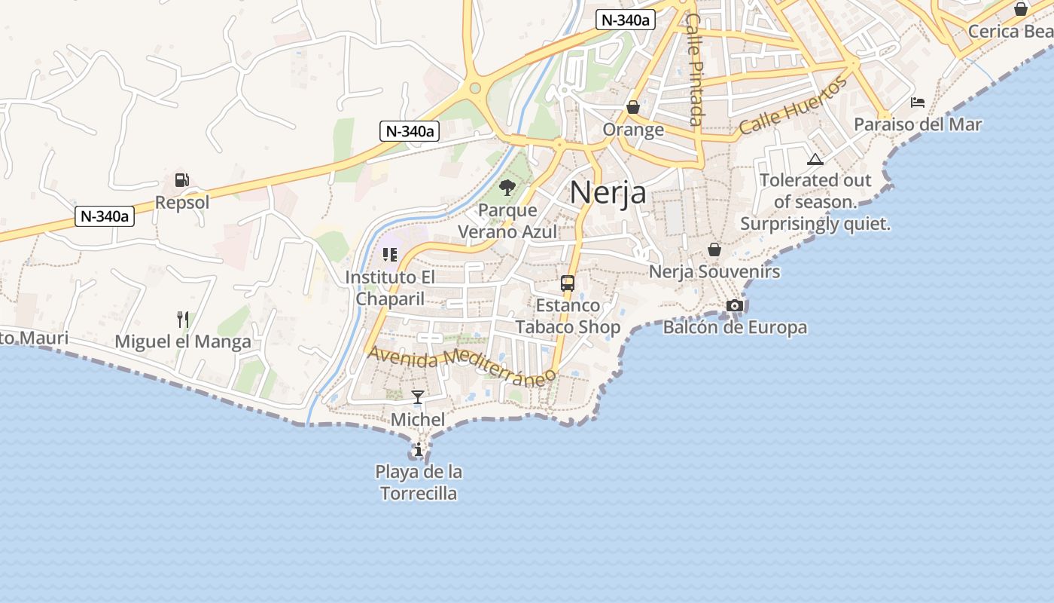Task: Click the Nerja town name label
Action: coord(608,192)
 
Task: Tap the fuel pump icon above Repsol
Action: coord(181,180)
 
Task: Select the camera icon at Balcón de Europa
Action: coord(735,305)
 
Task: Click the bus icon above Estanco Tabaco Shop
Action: coord(568,283)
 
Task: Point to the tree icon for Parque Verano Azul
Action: coord(507,187)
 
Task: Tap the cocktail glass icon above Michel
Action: coord(418,396)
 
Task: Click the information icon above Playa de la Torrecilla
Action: coord(418,451)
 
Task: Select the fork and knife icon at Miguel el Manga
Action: coord(182,320)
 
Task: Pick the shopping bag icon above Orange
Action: coord(633,107)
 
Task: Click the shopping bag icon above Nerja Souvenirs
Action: coord(714,249)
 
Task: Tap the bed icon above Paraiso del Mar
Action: coord(918,103)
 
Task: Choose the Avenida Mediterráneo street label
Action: coord(462,364)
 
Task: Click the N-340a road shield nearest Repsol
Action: coord(105,216)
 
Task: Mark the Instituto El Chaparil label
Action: coord(390,288)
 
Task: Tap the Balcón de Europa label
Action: coord(735,327)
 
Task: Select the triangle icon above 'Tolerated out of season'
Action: coord(815,159)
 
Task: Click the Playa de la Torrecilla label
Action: coord(419,482)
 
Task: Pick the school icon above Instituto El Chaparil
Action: coord(389,255)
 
